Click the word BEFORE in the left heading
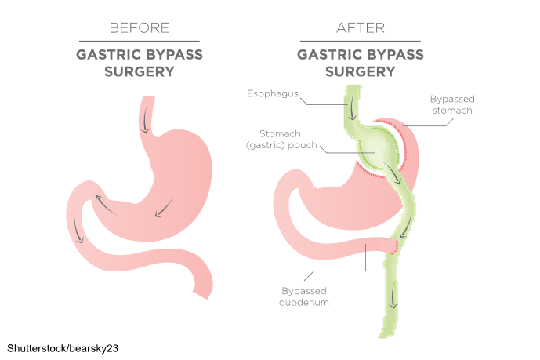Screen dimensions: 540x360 pos(140,27)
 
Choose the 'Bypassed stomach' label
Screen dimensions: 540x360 pos(452,105)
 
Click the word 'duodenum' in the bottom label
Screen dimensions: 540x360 pos(295,302)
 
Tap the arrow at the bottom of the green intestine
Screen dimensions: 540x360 pos(393,299)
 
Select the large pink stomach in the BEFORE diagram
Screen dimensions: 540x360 pos(172,180)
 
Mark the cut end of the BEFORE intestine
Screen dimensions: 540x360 pos(205,295)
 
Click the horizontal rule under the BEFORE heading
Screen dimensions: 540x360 pos(140,42)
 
